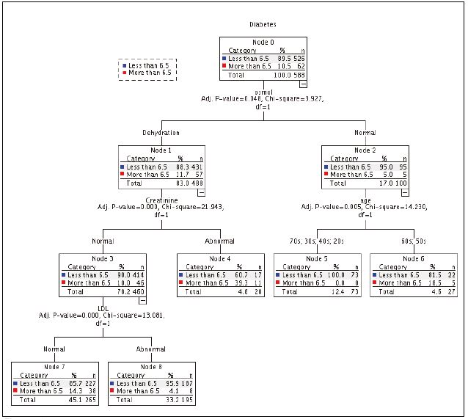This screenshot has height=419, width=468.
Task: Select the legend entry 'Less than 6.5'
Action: coord(150,65)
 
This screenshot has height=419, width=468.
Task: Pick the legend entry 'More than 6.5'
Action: coord(150,73)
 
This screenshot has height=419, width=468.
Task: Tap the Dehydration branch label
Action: coord(161,133)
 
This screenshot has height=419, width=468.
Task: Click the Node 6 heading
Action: coord(414,258)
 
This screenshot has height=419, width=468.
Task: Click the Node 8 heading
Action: coord(153,366)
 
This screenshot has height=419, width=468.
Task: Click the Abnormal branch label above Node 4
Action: coord(219,241)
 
